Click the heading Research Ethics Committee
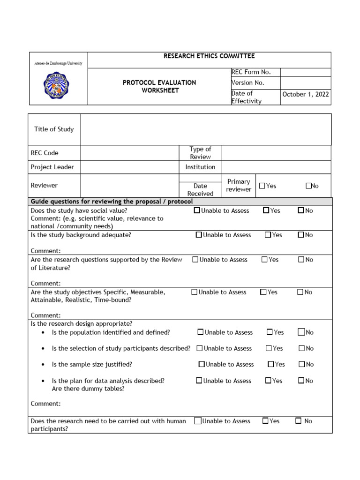209,56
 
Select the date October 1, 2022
306,94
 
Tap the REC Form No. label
251,72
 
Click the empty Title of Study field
206,129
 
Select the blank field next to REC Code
129,153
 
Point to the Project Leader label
52,167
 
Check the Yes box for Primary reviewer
262,186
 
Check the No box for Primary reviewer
308,186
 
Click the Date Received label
200,189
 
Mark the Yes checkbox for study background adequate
268,235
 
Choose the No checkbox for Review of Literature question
301,259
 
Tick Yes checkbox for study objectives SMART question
263,292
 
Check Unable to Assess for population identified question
201,332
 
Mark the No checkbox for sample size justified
302,364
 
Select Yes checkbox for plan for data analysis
268,381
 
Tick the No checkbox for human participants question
298,421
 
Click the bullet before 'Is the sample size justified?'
43,365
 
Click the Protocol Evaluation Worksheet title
159,86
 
